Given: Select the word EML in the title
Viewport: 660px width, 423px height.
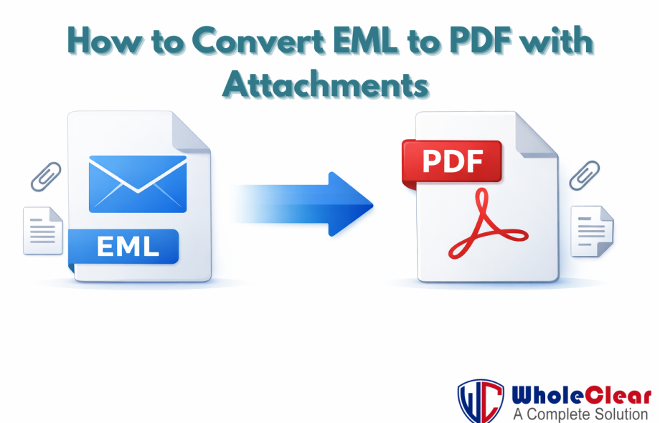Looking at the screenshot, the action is pyautogui.click(x=365, y=41).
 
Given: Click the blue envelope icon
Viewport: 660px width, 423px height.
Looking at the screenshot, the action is pyautogui.click(x=138, y=184).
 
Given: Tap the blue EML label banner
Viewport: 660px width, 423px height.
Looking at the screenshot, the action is pyautogui.click(x=123, y=247).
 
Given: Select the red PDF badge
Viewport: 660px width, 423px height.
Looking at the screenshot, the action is pyautogui.click(x=452, y=162).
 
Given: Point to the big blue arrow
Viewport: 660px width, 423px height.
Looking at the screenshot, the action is pyautogui.click(x=303, y=204).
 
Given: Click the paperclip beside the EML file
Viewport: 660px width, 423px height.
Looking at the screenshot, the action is pyautogui.click(x=46, y=176).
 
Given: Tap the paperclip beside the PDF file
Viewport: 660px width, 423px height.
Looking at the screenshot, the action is pyautogui.click(x=585, y=176).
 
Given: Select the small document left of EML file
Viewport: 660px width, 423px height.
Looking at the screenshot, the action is pyautogui.click(x=43, y=231).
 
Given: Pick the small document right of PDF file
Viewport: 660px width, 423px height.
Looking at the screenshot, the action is pyautogui.click(x=593, y=232).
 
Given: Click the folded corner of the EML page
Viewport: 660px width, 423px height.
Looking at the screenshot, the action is pyautogui.click(x=189, y=131).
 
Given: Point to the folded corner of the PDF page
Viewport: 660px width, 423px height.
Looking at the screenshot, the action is pyautogui.click(x=536, y=134).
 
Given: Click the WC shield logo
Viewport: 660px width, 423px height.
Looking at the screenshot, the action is pyautogui.click(x=481, y=401).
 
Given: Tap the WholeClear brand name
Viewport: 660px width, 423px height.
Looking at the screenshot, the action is pyautogui.click(x=582, y=395).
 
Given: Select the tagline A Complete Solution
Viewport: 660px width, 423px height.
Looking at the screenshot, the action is pyautogui.click(x=580, y=414).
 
